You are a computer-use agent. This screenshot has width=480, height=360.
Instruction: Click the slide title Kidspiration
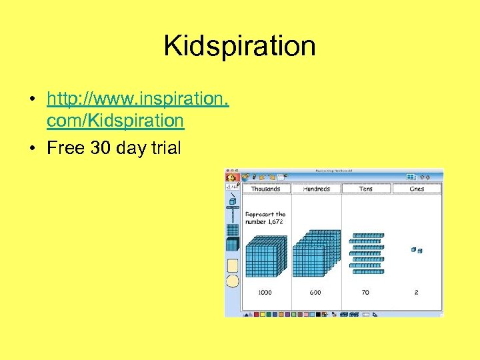pyautogui.click(x=239, y=46)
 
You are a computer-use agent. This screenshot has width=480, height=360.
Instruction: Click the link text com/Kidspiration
pyautogui.click(x=115, y=121)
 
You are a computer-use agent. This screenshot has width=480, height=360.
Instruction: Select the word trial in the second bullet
pyautogui.click(x=165, y=147)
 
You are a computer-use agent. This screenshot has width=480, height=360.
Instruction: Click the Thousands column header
pyautogui.click(x=265, y=189)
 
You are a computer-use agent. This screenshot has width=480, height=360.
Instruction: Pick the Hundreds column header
pyautogui.click(x=316, y=189)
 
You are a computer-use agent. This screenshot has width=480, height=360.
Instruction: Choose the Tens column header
pyautogui.click(x=365, y=189)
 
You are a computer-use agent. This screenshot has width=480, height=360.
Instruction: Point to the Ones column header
pyautogui.click(x=417, y=189)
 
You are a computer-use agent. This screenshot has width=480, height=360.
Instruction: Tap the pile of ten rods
pyautogui.click(x=367, y=253)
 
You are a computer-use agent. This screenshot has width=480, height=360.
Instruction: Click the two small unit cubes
pyautogui.click(x=417, y=250)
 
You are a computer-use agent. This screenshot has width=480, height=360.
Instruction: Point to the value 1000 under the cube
pyautogui.click(x=265, y=292)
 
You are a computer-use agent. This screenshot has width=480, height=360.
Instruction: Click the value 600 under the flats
pyautogui.click(x=315, y=292)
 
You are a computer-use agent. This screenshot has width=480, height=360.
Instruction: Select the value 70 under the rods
pyautogui.click(x=366, y=292)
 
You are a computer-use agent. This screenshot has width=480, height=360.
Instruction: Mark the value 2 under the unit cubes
pyautogui.click(x=417, y=292)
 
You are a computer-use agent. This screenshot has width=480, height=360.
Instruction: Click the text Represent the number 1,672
pyautogui.click(x=265, y=217)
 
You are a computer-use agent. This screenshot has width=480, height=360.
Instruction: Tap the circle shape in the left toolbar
pyautogui.click(x=233, y=281)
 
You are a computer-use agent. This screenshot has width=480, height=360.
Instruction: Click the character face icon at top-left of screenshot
pyautogui.click(x=231, y=177)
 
